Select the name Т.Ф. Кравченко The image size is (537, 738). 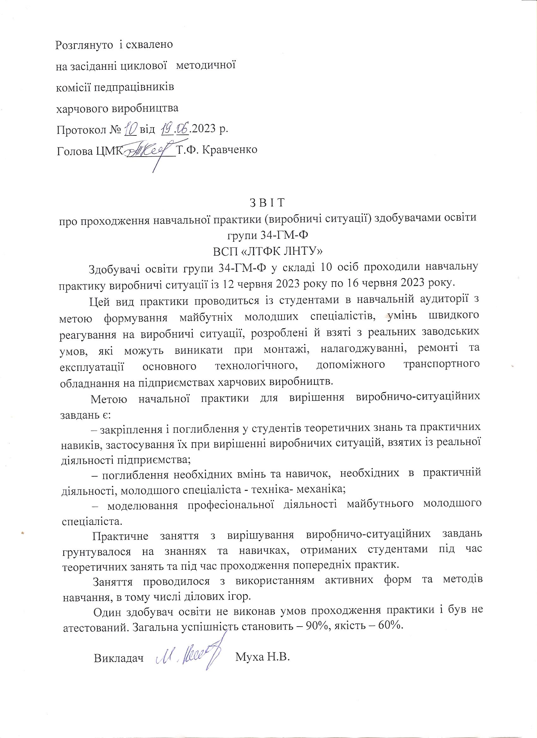[217, 150]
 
